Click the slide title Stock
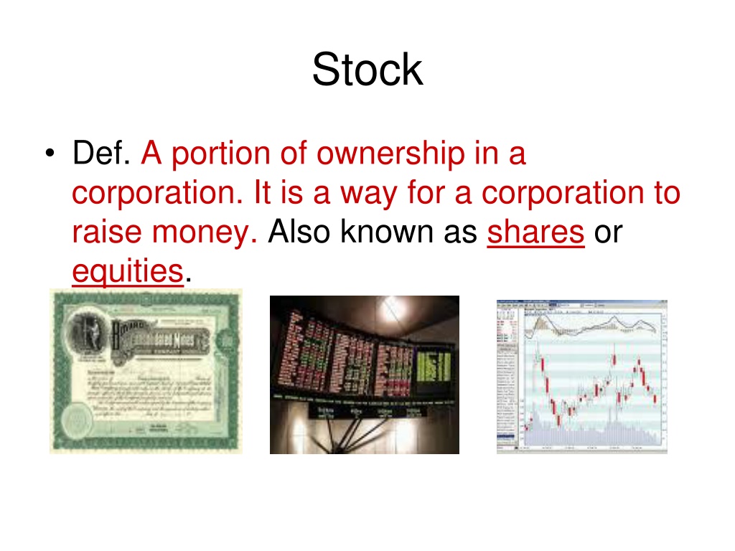click(x=367, y=71)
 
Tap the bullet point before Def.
click(x=48, y=155)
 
